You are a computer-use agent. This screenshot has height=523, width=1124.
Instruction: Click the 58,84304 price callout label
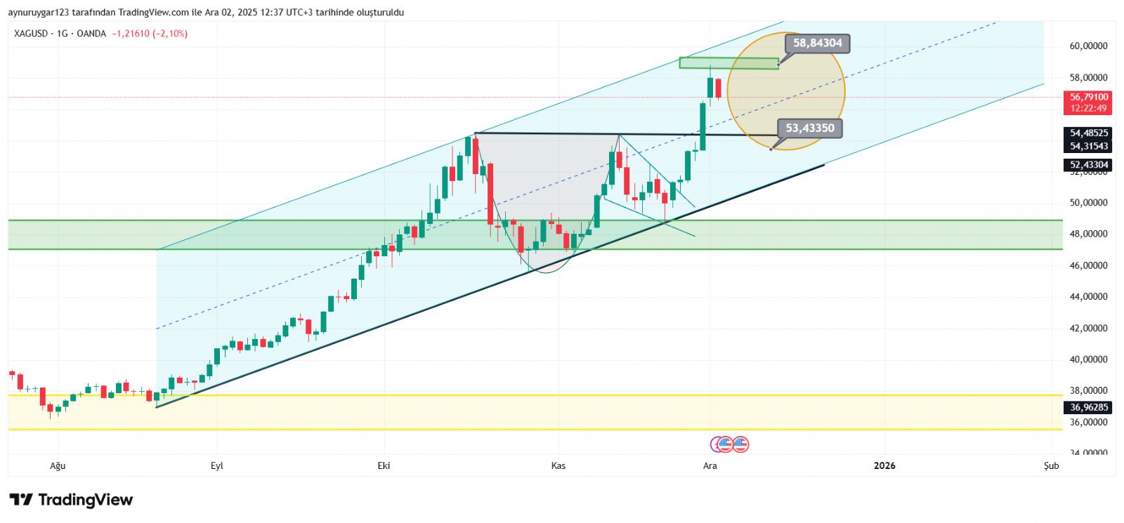pos(817,44)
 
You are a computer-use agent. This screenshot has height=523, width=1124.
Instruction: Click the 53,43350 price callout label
pos(809,128)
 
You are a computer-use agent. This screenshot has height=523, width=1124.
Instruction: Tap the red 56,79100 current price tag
pos(1088,98)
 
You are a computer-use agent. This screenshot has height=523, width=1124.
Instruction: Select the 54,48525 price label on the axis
pos(1088,133)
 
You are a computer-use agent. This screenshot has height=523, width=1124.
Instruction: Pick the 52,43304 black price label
pos(1088,165)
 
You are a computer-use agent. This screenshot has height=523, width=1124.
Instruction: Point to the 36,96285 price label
pos(1088,407)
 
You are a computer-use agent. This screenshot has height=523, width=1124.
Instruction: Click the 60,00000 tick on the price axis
pos(1088,46)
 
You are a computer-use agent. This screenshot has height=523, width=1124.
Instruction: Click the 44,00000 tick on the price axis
pos(1088,297)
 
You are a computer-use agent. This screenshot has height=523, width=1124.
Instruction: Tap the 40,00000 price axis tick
pos(1088,359)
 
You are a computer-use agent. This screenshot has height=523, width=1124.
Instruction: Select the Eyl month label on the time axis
pos(217,466)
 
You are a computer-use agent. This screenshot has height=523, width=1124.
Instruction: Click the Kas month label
pos(558,466)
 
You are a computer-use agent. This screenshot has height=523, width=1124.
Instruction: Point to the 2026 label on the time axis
pos(884,466)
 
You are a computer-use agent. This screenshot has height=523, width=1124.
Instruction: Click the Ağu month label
pos(58,466)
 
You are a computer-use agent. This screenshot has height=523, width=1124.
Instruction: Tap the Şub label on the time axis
pos(1051,466)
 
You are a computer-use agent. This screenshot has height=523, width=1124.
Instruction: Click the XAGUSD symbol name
pos(31,34)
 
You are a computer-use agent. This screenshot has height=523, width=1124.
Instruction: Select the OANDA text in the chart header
pos(91,34)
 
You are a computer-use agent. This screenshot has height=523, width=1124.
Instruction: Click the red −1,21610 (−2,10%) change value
pos(150,34)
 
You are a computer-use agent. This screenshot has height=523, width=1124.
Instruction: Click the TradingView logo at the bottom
pos(71,500)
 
